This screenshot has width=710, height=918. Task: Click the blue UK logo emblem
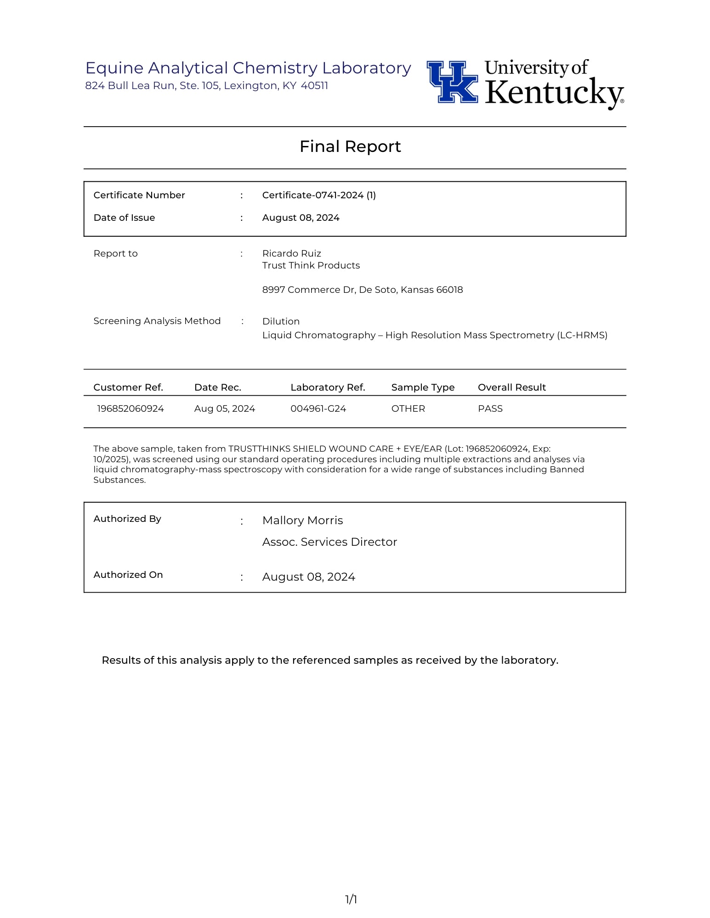point(453,82)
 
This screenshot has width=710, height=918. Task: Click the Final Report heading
point(350,146)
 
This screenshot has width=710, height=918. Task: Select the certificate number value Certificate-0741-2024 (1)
point(319,195)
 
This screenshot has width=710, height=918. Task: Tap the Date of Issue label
point(124,218)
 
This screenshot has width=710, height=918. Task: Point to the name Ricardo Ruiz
point(291,253)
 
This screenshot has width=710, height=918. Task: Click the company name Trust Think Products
point(311,265)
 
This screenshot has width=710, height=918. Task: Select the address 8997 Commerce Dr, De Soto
point(362,290)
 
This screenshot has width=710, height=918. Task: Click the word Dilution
point(281,321)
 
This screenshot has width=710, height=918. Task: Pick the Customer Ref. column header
point(128,387)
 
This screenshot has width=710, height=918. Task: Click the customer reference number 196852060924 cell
point(131,409)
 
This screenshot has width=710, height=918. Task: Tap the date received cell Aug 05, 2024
point(224,409)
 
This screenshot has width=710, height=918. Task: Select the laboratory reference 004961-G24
point(318,409)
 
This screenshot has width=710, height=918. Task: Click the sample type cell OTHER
point(408,409)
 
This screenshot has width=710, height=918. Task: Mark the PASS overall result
point(490,409)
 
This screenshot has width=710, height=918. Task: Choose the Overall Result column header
point(511,387)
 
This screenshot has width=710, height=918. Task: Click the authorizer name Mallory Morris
point(302,521)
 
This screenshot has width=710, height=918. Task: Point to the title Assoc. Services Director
point(329,542)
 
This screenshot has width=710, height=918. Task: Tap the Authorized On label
point(128,575)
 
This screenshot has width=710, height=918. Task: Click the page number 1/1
point(351,899)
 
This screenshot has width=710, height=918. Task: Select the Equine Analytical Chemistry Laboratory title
point(248,68)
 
